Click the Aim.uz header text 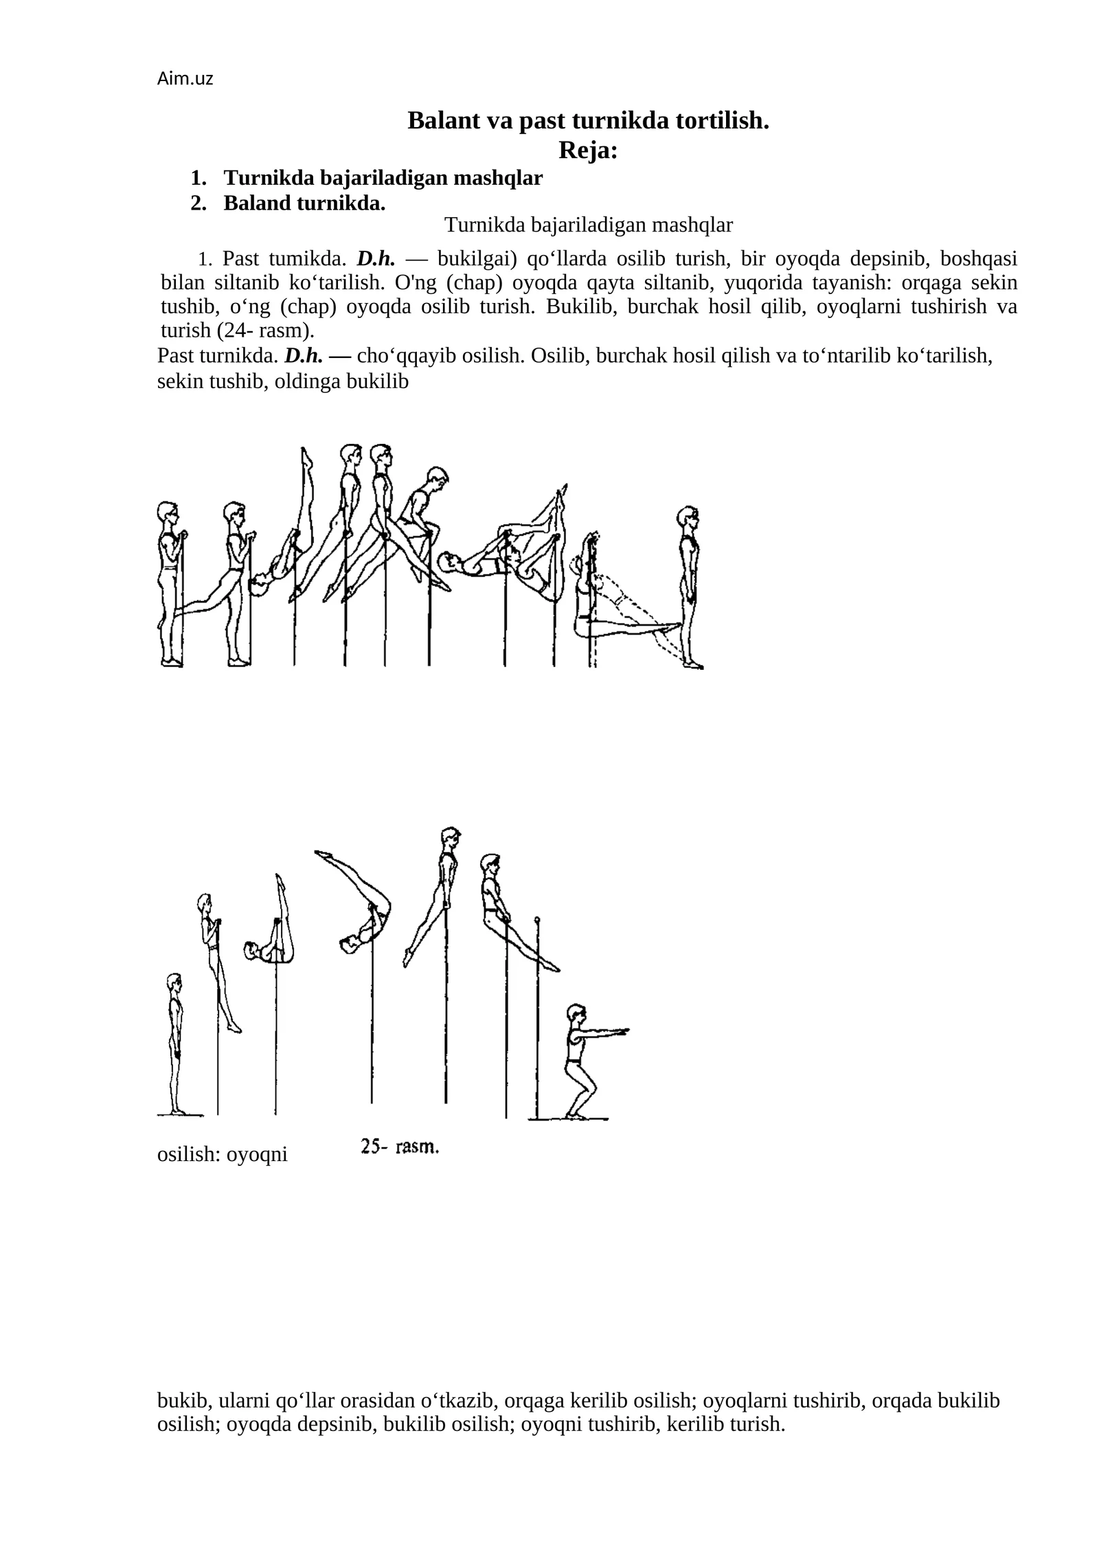185,79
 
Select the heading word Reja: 588,150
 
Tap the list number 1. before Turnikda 199,179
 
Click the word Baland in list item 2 257,203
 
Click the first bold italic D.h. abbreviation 376,259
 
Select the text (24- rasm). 265,330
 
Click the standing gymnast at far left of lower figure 176,1042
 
